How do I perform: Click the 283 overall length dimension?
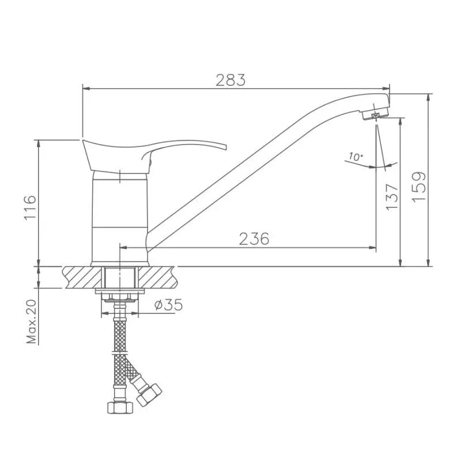[x=231, y=80]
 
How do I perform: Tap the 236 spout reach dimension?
[x=254, y=239]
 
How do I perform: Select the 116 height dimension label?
[x=31, y=207]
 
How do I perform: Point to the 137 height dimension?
[x=392, y=197]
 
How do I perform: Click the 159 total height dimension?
[x=419, y=187]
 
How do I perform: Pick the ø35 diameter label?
[x=168, y=305]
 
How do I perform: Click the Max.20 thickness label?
[x=32, y=322]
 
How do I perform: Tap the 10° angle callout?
[x=355, y=156]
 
